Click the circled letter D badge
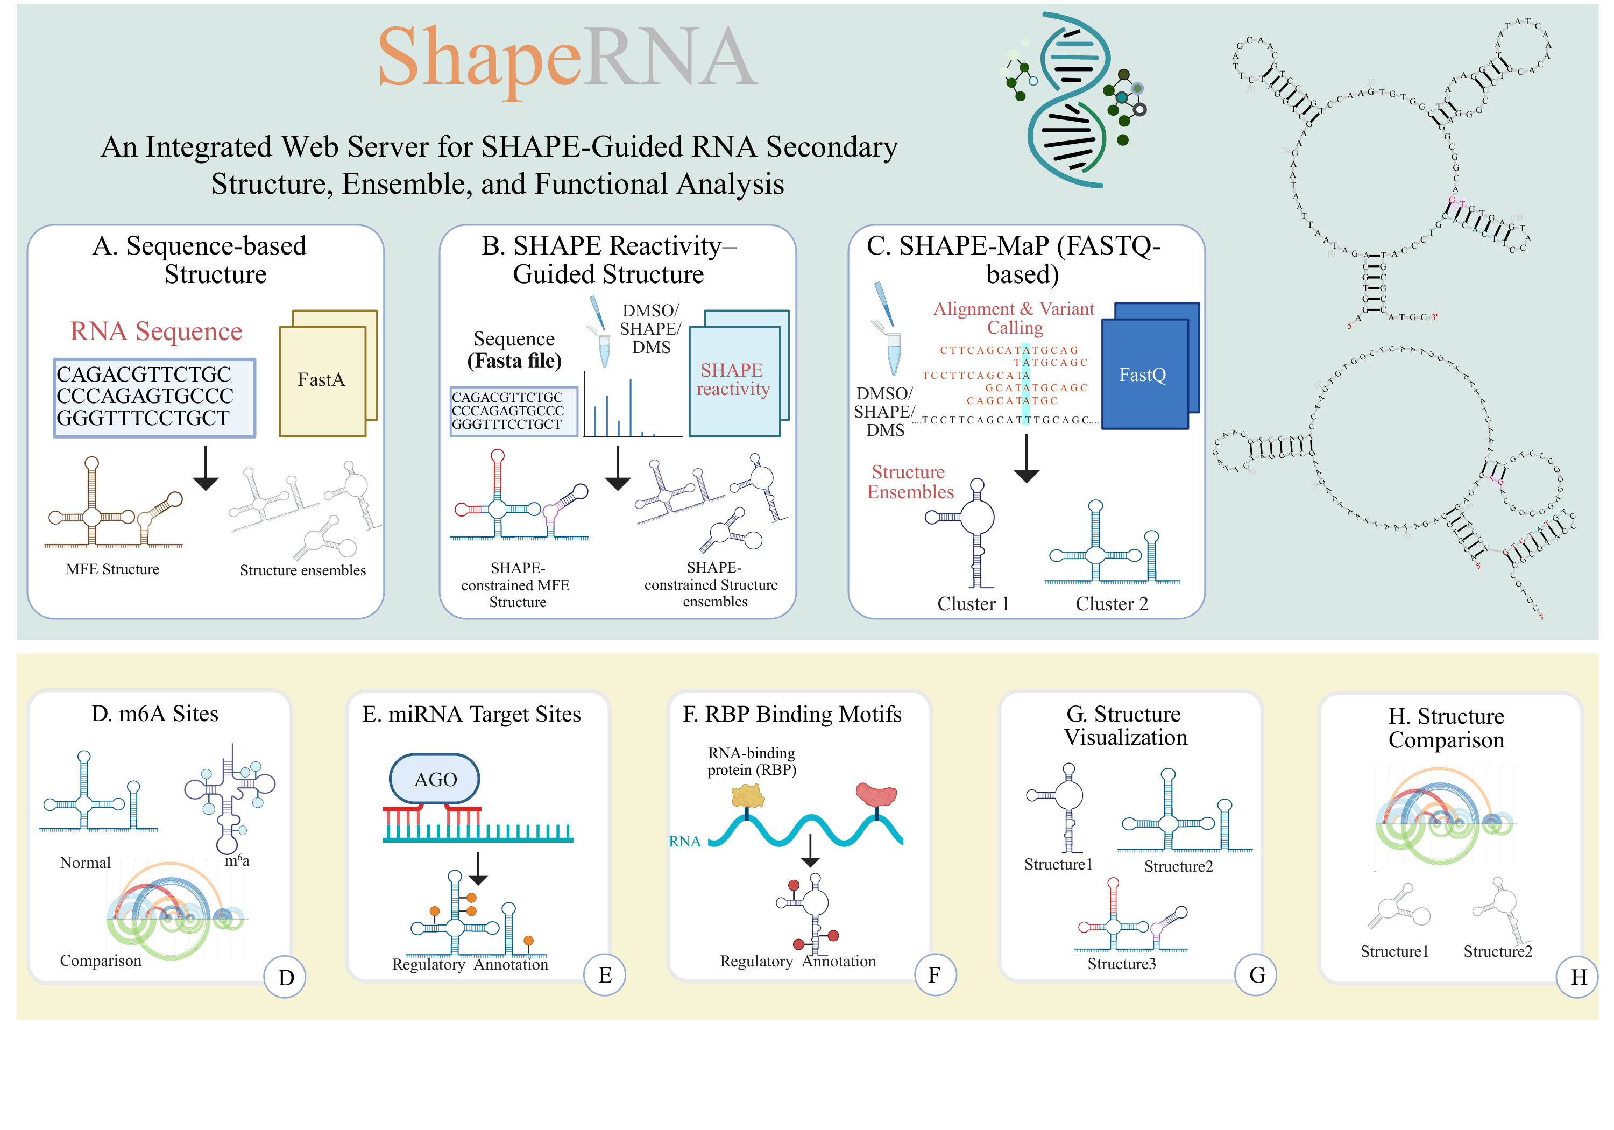[285, 977]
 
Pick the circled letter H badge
[1577, 977]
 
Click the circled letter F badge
[934, 976]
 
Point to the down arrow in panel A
[206, 468]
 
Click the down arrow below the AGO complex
[478, 869]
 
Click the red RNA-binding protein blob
[876, 795]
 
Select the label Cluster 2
[1112, 604]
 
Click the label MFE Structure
[112, 569]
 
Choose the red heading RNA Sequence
[156, 331]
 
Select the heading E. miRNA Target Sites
[472, 715]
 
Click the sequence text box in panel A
[154, 397]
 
